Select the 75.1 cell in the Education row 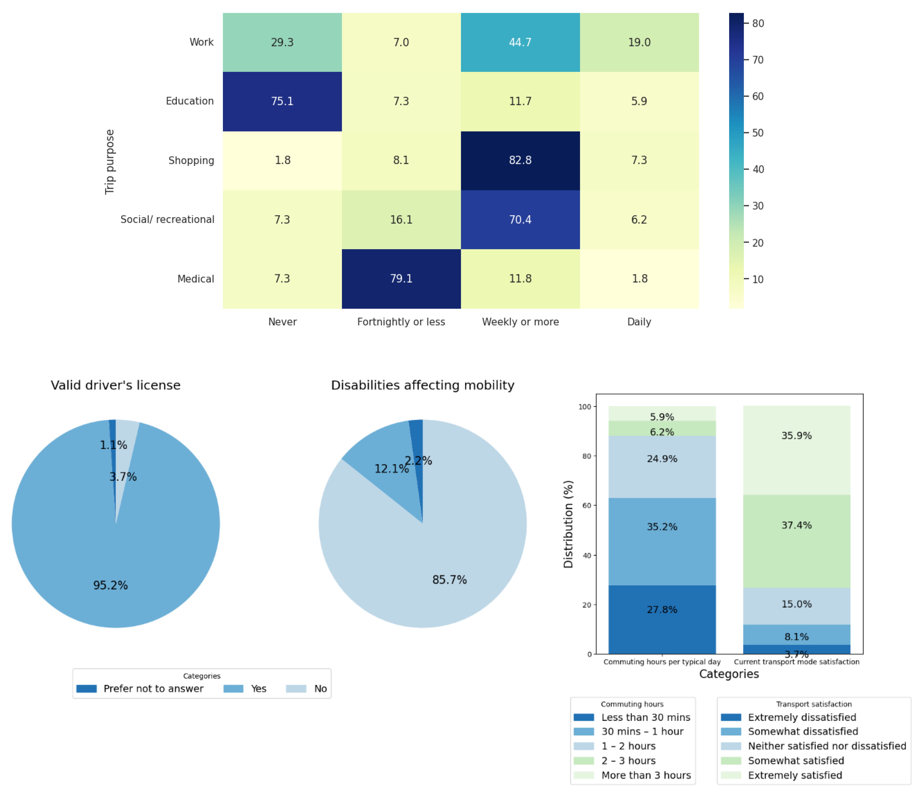282,101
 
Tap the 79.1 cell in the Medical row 401,279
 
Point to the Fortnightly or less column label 401,322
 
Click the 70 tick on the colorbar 757,60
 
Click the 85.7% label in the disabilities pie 450,579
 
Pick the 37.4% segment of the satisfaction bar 797,541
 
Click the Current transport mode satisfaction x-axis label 797,662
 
